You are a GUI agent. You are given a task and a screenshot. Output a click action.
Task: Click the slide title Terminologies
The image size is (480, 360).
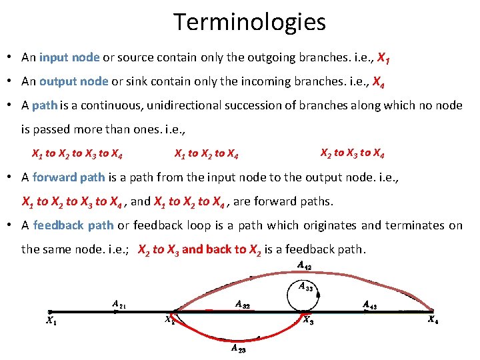click(x=250, y=22)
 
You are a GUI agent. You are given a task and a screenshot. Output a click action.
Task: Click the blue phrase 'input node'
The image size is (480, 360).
click(x=69, y=57)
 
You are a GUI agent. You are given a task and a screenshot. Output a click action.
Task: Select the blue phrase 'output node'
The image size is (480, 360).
click(x=73, y=81)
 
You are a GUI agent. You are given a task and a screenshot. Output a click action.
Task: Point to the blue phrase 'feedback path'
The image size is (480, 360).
click(x=73, y=225)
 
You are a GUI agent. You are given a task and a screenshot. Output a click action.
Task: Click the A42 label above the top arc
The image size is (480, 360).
click(x=305, y=266)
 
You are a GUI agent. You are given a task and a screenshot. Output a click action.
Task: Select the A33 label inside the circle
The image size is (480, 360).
click(x=305, y=287)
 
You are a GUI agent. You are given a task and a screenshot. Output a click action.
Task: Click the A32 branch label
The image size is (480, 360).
click(x=243, y=304)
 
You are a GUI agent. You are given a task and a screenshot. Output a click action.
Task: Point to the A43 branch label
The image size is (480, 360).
click(x=371, y=305)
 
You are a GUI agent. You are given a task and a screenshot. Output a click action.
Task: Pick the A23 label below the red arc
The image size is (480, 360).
click(x=239, y=347)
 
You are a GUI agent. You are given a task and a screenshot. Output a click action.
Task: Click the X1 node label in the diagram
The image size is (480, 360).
click(x=51, y=321)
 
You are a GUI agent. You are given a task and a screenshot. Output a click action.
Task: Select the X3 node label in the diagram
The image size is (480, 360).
click(x=308, y=321)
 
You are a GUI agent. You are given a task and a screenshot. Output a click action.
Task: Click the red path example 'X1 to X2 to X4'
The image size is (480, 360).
click(x=207, y=154)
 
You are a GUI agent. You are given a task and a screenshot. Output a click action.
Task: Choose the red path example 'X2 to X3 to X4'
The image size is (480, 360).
click(x=352, y=153)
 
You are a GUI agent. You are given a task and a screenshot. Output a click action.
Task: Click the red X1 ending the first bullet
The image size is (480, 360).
click(x=383, y=58)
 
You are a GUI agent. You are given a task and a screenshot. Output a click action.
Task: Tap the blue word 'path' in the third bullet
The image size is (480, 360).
click(x=45, y=105)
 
